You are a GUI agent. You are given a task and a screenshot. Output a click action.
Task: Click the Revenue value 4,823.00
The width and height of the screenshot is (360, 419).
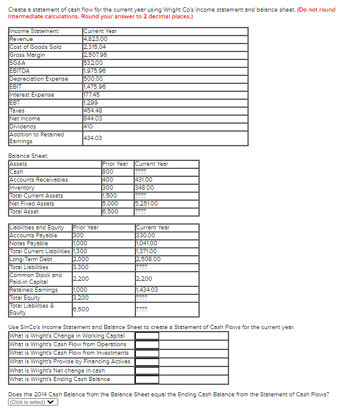pos(96,39)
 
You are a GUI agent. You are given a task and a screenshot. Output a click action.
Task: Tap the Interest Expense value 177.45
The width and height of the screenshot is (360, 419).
pos(92,94)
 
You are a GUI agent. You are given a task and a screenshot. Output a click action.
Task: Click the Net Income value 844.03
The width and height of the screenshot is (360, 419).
pos(92,118)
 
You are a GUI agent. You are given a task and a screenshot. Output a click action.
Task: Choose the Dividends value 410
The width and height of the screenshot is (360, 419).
pos(88,126)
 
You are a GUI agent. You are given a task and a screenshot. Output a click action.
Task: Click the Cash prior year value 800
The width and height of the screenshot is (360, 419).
pos(108,172)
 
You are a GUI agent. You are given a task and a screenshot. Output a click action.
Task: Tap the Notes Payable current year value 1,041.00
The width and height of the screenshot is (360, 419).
pos(148,243)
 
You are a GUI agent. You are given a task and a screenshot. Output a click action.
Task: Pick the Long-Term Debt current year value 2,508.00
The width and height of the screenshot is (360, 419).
pos(149,259)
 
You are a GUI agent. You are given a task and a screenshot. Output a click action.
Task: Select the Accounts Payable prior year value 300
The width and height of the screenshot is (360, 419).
pos(78,235)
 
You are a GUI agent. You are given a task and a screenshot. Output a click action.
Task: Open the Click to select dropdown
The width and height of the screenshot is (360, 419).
pos(34,402)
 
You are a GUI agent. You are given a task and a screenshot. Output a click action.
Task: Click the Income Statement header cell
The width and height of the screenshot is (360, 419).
pos(35,31)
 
